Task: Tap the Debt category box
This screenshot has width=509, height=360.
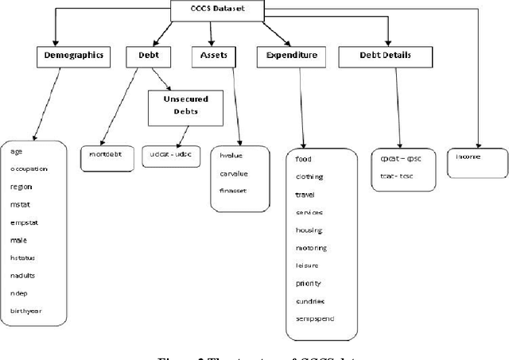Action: (x=148, y=56)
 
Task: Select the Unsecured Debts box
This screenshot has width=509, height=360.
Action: (x=183, y=107)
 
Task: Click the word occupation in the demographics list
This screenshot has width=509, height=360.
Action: (x=29, y=168)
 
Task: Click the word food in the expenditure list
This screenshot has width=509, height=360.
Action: (x=303, y=159)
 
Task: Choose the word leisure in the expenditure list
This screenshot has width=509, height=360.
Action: (x=305, y=266)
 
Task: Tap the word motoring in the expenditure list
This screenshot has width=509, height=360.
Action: (x=310, y=248)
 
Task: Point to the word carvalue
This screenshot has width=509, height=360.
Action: (x=233, y=174)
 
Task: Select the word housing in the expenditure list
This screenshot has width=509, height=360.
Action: (x=309, y=230)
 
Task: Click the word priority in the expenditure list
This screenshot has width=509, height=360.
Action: (x=307, y=284)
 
